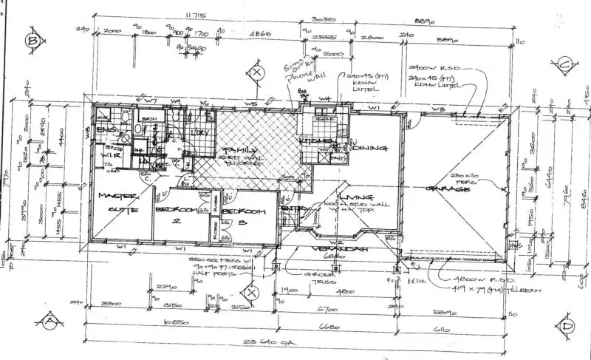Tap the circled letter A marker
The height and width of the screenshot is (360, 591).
pyautogui.click(x=50, y=320)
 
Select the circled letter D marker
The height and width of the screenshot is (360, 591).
pyautogui.click(x=567, y=325)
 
